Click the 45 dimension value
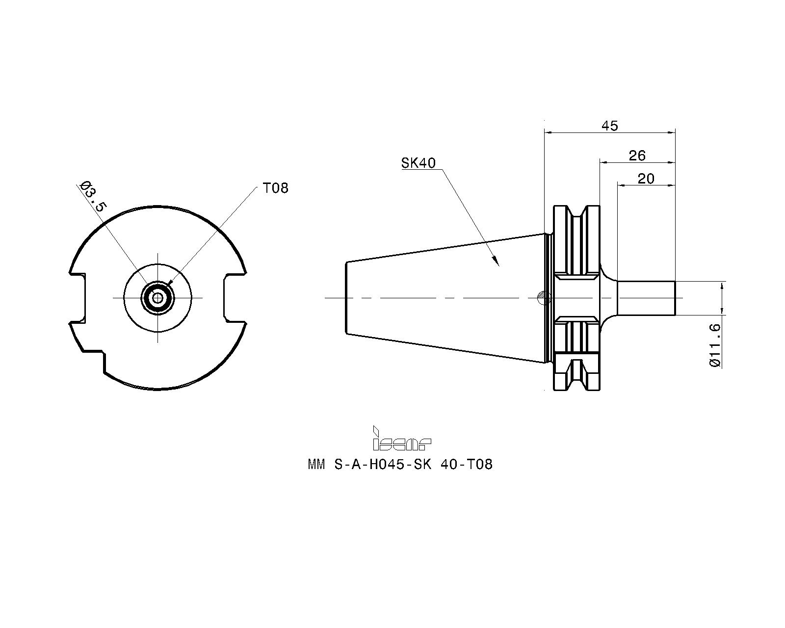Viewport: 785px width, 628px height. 610,126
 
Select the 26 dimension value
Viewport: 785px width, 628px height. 637,156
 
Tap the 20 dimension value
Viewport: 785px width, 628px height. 646,179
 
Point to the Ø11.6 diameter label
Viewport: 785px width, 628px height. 715,344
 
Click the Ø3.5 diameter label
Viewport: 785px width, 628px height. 93,197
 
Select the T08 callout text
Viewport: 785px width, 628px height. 276,188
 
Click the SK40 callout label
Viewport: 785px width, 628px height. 418,163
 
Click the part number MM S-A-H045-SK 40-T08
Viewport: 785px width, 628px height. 400,464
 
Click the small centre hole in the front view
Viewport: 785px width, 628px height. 157,297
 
